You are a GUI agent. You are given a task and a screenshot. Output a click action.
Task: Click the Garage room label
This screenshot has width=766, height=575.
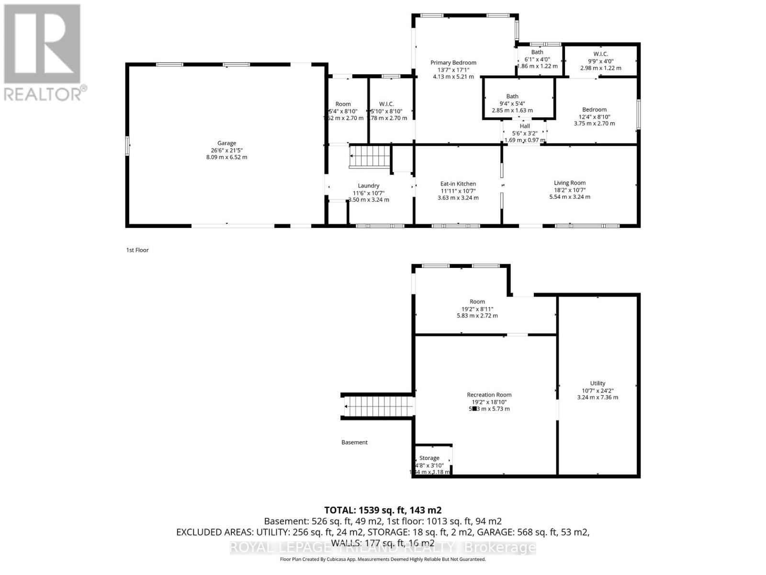pos(226,143)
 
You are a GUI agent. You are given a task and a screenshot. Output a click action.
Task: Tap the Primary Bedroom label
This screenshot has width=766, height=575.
pos(453,63)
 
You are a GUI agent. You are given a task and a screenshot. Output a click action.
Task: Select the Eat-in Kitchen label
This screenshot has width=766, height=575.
pos(458,184)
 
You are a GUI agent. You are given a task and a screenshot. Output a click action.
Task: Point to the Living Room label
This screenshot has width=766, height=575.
pos(569,183)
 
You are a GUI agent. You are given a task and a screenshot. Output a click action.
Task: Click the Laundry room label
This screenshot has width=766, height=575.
pos(368,186)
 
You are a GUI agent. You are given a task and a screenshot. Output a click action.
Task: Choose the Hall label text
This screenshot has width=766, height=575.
pos(525,126)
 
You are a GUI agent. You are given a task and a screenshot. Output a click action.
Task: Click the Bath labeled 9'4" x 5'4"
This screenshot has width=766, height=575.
pos(512,97)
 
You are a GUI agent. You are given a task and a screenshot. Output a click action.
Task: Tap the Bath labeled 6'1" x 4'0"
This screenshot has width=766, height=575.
pos(537,52)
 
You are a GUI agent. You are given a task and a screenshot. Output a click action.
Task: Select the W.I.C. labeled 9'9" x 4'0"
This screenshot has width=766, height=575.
pos(600,55)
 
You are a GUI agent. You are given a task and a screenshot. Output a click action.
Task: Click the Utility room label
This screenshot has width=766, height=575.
pos(597,383)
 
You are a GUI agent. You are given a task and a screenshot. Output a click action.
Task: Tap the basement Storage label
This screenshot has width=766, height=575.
pos(429,459)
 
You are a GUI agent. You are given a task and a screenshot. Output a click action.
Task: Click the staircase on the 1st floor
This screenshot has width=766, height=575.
pos(370,157)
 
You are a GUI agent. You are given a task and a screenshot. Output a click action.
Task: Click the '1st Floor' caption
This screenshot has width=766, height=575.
pos(137,250)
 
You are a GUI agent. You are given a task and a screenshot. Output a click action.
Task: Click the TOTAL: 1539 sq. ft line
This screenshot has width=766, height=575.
pos(383,510)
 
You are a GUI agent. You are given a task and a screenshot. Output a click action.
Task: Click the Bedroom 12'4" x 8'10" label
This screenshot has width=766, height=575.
pos(594,110)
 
